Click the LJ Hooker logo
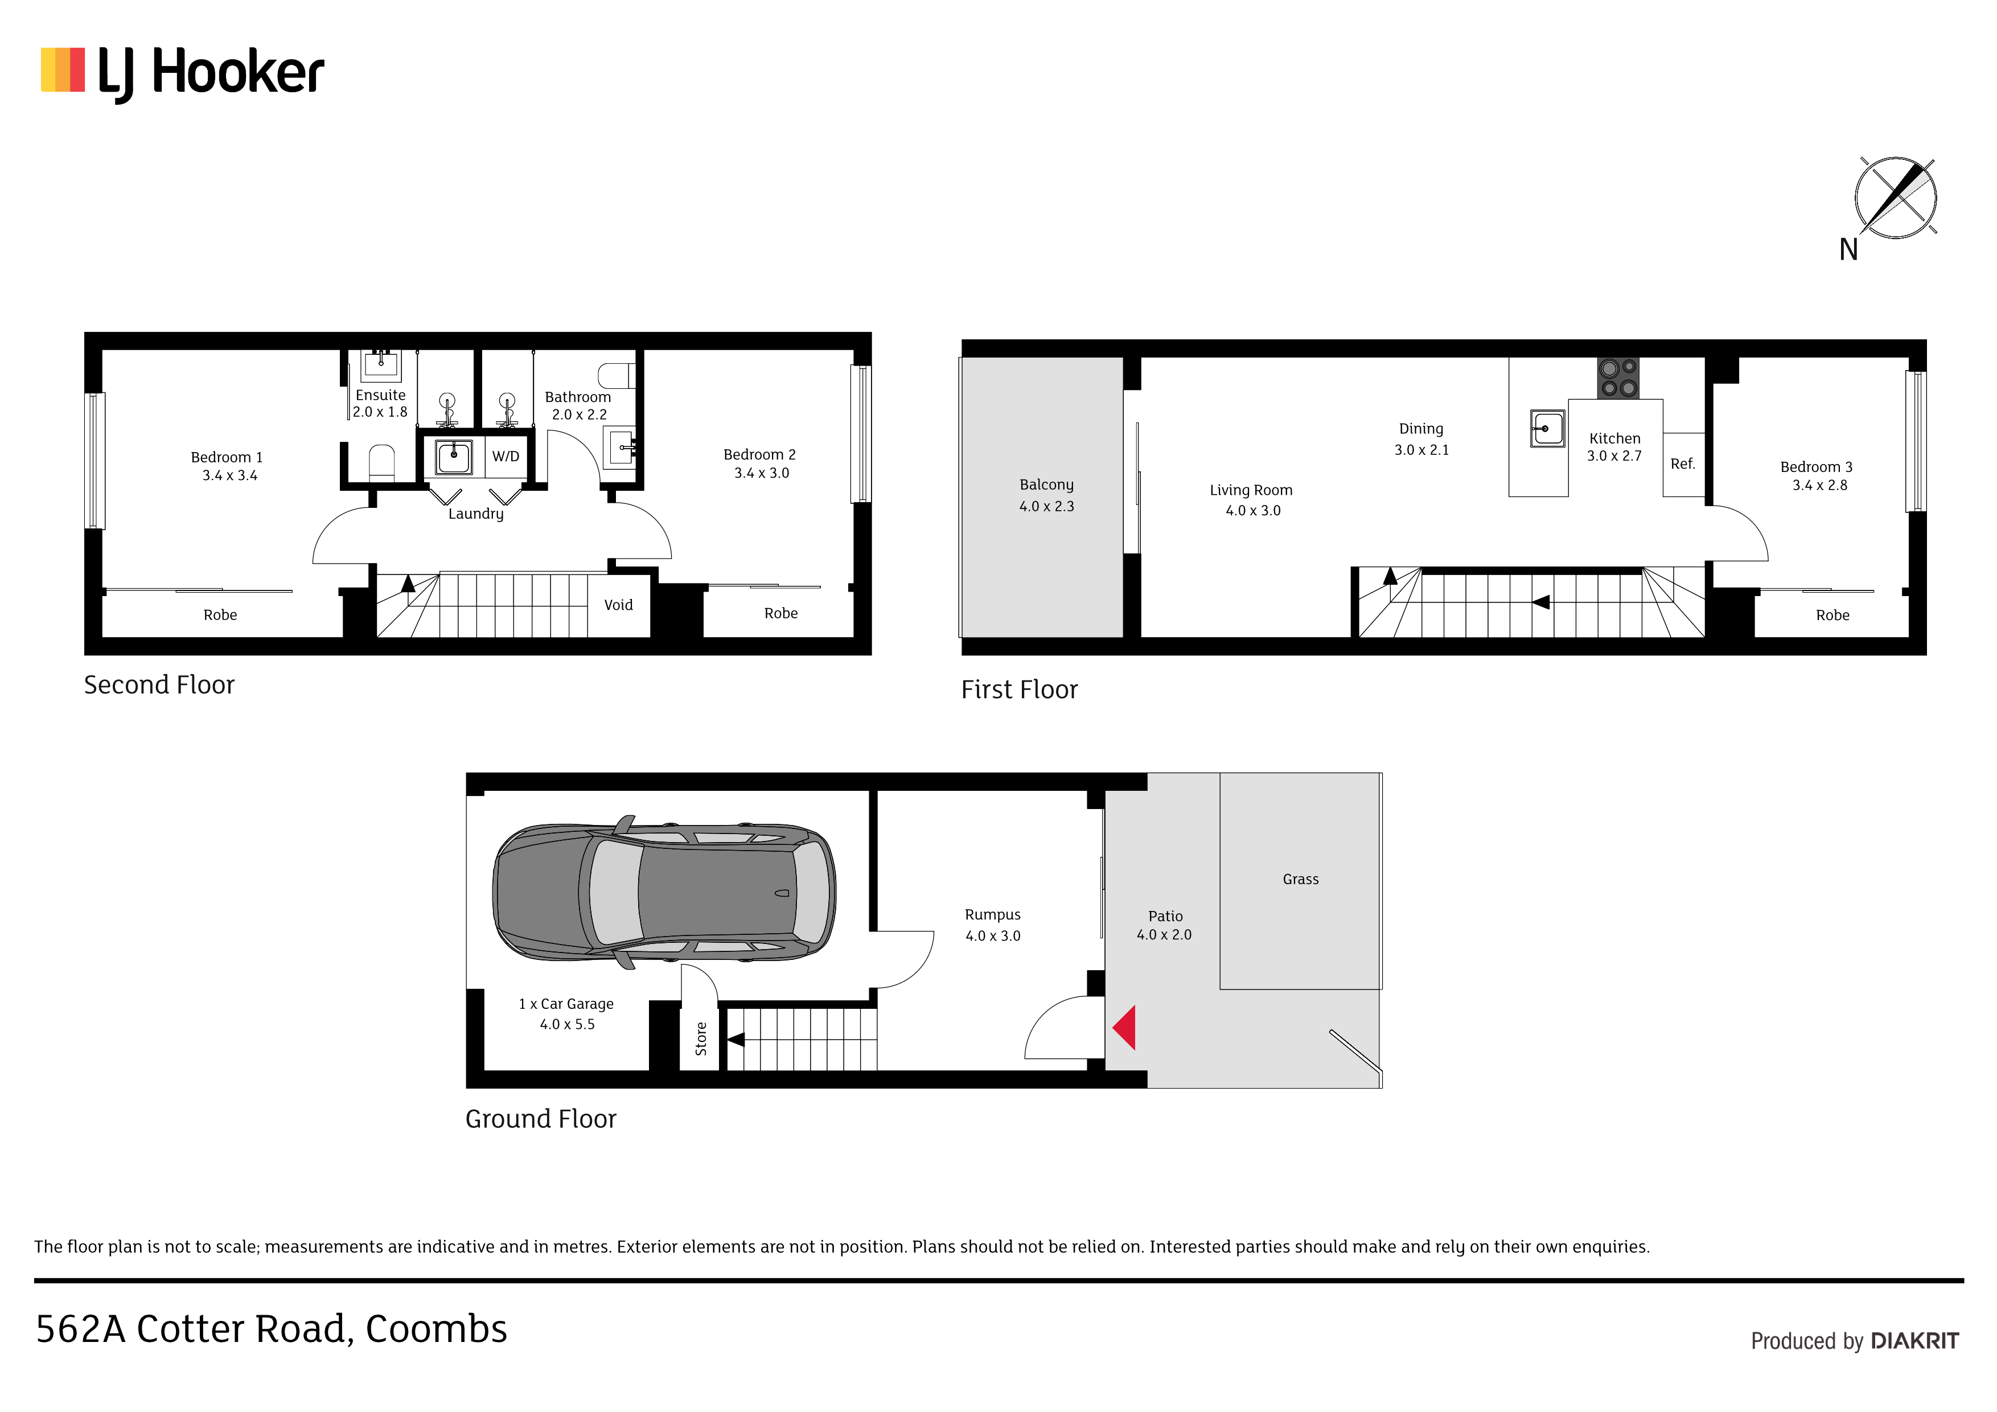[x=183, y=74]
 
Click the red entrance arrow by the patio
[x=1125, y=1028]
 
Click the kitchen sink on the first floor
[x=1547, y=429]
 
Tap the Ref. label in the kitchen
[x=1682, y=463]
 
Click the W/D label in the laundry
[x=506, y=457]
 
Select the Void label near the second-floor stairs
[x=618, y=605]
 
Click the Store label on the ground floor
[x=701, y=1039]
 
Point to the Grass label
[x=1300, y=880]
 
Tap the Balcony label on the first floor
[x=1046, y=485]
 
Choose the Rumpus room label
[x=992, y=915]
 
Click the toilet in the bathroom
[x=617, y=376]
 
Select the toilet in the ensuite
[x=382, y=462]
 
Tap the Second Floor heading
[x=159, y=685]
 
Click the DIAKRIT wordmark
[x=1914, y=1341]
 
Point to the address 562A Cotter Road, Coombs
[x=272, y=1328]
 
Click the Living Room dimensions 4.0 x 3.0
[x=1252, y=511]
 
